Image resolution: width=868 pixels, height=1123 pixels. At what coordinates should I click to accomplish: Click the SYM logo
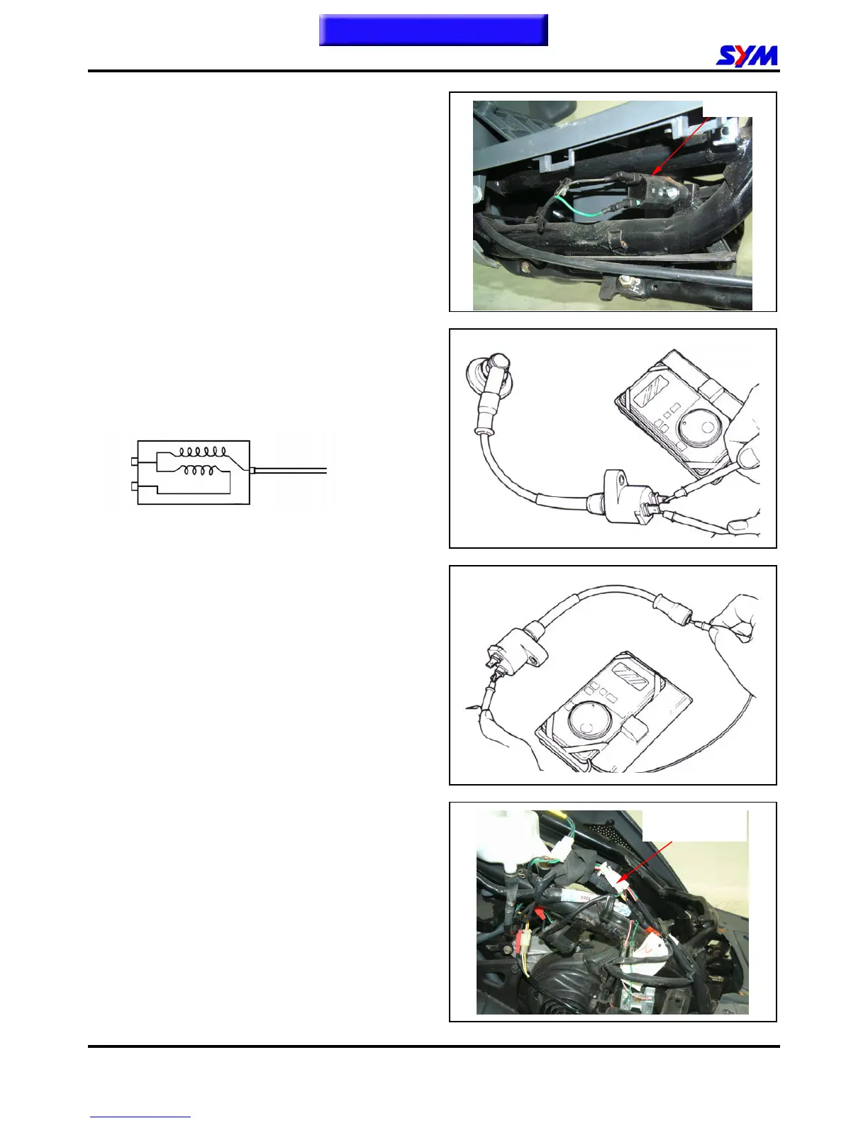point(747,56)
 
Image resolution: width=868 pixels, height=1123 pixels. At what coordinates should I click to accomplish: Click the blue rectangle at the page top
point(433,30)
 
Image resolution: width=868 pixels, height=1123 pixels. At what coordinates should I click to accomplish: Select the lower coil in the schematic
point(203,469)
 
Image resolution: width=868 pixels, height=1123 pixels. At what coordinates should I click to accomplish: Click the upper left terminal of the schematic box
point(135,463)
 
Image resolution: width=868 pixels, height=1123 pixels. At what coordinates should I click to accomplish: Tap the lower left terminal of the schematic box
point(135,487)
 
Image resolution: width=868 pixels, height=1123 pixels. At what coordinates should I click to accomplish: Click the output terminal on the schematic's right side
point(253,469)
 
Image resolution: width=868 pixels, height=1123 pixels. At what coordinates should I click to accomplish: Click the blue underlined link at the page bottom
point(140,1118)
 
